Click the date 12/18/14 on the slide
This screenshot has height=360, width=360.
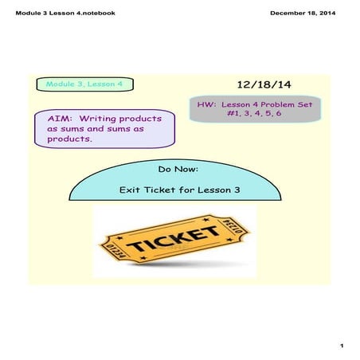[x=264, y=84]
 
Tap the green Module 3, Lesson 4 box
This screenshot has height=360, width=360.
[x=84, y=84]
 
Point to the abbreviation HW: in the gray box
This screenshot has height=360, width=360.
[x=208, y=104]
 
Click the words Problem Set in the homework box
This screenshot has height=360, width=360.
[x=283, y=104]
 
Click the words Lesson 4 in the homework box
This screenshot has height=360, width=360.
[x=242, y=104]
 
